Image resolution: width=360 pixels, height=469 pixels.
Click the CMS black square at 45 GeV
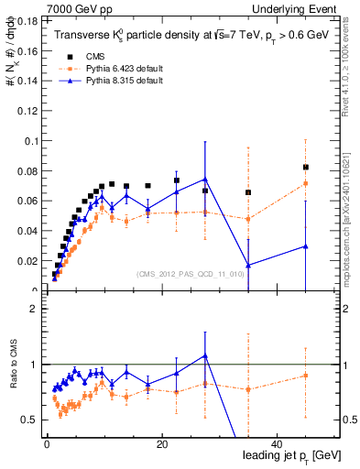(306, 168)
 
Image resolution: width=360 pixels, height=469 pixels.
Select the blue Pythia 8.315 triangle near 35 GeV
(248, 266)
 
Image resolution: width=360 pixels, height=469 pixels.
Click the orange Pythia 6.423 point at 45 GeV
(306, 184)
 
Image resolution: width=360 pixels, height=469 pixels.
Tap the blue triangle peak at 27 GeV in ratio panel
(205, 355)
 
